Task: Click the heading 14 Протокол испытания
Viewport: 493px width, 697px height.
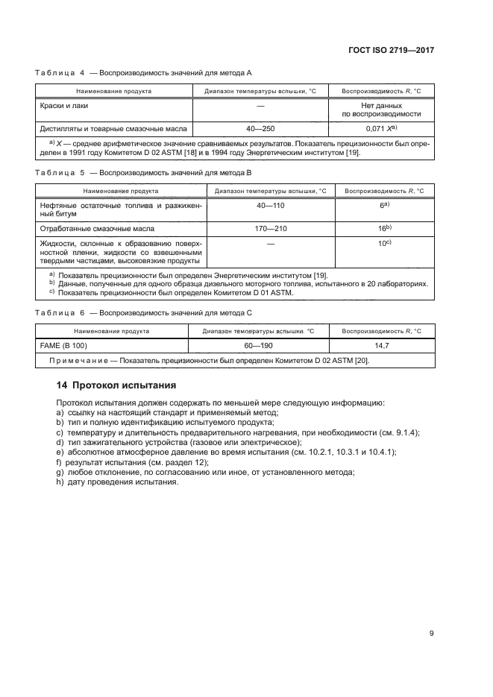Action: click(116, 385)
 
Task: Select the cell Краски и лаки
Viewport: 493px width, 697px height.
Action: click(64, 106)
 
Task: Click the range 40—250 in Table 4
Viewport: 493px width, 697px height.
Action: click(260, 127)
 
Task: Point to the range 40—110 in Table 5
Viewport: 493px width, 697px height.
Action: click(270, 204)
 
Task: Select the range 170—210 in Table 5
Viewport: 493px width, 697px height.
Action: click(270, 228)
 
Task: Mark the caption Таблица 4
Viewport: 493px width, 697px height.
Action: click(60, 72)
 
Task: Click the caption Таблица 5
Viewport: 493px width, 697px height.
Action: click(60, 173)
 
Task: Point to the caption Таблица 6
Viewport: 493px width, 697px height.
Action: click(60, 313)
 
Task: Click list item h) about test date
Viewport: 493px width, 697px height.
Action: click(117, 482)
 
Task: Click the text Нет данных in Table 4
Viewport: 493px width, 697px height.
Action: click(381, 106)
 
